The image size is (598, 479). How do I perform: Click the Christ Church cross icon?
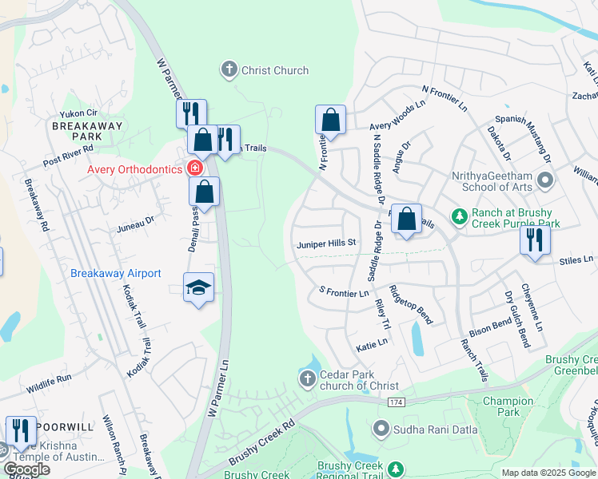229,70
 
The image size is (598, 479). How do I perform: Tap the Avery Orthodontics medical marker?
193,168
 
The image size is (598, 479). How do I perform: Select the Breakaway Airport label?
116,273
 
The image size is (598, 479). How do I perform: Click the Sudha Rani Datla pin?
381,430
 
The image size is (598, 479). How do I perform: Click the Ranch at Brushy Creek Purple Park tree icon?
459,216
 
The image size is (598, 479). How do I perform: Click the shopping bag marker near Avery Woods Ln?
330,121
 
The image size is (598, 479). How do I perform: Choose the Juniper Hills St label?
325,243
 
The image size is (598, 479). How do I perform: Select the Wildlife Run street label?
48,377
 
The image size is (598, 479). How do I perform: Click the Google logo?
26,469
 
